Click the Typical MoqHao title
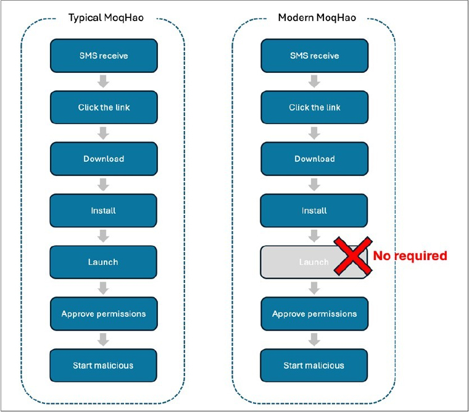[106, 18]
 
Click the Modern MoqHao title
[317, 18]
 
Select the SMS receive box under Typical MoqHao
[104, 56]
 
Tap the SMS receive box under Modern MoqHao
[314, 56]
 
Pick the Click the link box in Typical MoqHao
[104, 107]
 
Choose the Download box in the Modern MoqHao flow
[314, 159]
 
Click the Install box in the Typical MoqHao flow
[103, 211]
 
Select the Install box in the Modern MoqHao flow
[313, 211]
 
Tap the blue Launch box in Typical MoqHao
[103, 262]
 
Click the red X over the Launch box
[353, 256]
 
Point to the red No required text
[410, 256]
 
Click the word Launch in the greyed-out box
[313, 263]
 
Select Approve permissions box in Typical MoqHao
[104, 314]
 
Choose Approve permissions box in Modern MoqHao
[314, 314]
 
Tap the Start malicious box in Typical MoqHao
[103, 365]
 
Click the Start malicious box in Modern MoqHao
[313, 365]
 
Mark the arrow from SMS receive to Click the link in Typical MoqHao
[103, 82]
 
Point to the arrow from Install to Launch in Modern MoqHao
[314, 236]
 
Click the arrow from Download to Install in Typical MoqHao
[103, 185]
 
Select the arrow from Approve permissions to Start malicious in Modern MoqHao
[314, 340]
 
